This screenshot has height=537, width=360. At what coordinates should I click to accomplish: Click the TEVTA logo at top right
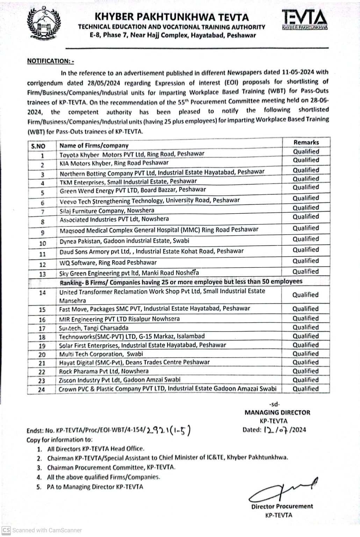[304, 20]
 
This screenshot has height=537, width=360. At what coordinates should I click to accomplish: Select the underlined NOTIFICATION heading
[50, 61]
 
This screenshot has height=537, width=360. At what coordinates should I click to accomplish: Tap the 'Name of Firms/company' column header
[94, 145]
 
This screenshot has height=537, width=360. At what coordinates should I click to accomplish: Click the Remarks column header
[306, 142]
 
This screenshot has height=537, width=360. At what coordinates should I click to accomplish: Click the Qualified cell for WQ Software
[306, 261]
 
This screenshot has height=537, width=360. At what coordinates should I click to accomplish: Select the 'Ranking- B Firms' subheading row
[181, 282]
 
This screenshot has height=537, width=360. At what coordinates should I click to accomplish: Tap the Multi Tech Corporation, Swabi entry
[101, 354]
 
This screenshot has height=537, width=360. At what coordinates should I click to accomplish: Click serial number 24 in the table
[42, 389]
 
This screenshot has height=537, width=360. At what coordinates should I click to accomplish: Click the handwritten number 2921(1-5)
[169, 430]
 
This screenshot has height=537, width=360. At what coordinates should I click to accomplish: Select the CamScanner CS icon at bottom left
[6, 530]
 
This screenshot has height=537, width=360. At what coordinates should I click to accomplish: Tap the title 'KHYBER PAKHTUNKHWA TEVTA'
[172, 17]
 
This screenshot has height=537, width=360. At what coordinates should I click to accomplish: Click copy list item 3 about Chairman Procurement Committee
[111, 467]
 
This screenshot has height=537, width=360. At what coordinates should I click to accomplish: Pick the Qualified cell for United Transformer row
[306, 295]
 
